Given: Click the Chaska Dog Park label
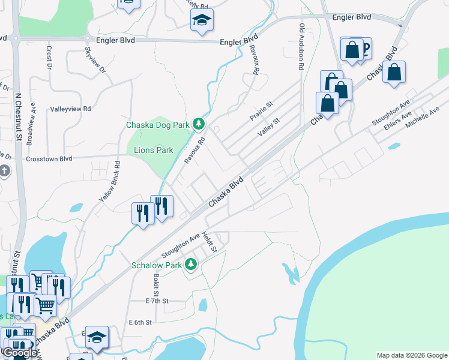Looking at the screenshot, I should [158, 125].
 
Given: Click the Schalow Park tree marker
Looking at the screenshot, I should [191, 264].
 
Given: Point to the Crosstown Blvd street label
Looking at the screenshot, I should [49, 159].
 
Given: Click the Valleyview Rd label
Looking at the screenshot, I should [70, 109].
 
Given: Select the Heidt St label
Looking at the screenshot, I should [212, 242].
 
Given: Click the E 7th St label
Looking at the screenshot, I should [157, 301].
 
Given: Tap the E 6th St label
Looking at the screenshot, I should [140, 322].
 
